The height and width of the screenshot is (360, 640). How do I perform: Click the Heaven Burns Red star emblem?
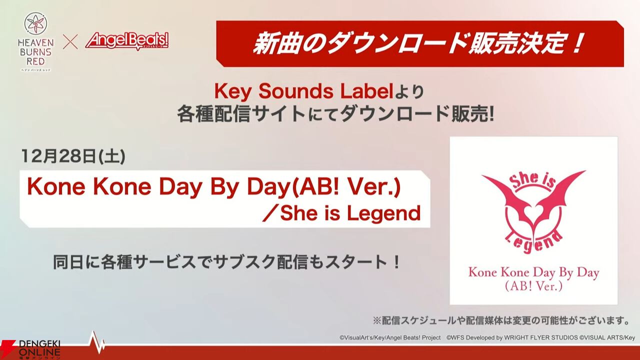pos(35,25)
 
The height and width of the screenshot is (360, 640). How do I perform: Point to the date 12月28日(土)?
pos(73,156)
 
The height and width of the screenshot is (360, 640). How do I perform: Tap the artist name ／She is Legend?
pos(341,213)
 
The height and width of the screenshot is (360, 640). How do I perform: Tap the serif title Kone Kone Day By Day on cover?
pos(533,272)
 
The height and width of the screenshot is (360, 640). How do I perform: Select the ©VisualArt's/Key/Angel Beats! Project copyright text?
pos(390,337)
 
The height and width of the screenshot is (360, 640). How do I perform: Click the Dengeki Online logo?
pos(30,349)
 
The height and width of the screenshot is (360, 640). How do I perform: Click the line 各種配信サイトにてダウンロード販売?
pos(335,115)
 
